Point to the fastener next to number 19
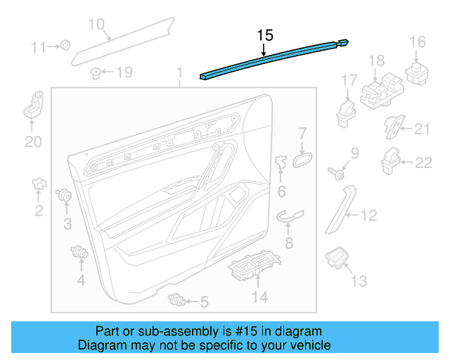[x=95, y=71]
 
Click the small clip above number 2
[x=39, y=185]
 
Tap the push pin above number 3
[x=66, y=196]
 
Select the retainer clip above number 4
[x=79, y=251]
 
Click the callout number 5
[x=204, y=303]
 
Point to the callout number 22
[x=423, y=163]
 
